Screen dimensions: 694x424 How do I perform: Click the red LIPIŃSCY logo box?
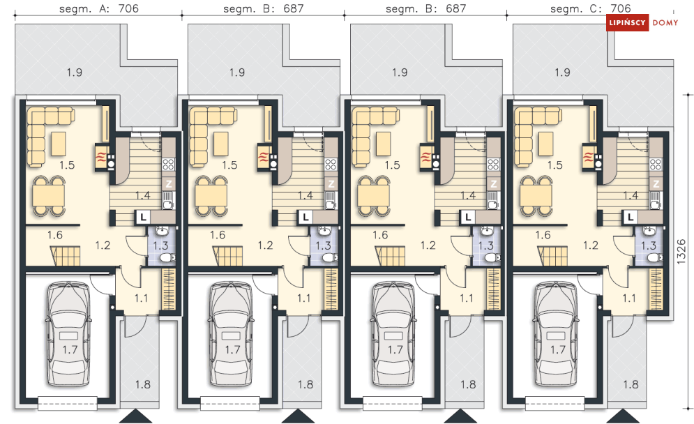coord(627,22)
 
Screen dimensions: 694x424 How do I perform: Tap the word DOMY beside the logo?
coord(665,22)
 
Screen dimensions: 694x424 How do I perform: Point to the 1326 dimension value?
coord(682,252)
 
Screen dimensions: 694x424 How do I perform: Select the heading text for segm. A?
coord(99,8)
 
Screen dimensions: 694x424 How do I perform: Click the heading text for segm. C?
coord(591,8)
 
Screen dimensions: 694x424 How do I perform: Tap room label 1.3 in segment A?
coord(160,245)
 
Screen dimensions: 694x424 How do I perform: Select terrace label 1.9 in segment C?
coord(563,72)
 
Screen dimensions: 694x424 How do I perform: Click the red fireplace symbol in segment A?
coord(101,158)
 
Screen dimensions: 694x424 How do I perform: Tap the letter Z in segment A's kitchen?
coord(169,184)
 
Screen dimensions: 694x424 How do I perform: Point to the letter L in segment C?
coord(631,217)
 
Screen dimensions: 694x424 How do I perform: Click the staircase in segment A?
coord(66,256)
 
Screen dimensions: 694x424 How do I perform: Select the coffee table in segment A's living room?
coord(59,144)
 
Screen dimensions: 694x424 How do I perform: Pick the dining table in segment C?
coord(536,196)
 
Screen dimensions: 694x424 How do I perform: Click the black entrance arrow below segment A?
coord(135,416)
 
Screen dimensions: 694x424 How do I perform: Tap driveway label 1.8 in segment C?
coord(631,384)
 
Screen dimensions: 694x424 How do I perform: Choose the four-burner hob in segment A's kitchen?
coord(169,164)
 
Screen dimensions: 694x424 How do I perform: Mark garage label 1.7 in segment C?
coord(558,349)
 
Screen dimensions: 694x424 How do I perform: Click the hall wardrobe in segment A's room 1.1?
coord(169,289)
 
